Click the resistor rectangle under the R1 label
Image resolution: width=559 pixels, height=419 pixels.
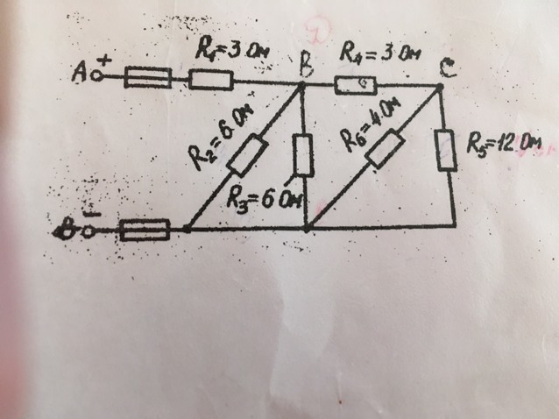point(210,82)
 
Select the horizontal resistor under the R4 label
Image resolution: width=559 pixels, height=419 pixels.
point(356,85)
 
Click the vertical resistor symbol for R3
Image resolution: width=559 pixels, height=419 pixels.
point(303,156)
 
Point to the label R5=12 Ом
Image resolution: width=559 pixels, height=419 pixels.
point(502,143)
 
